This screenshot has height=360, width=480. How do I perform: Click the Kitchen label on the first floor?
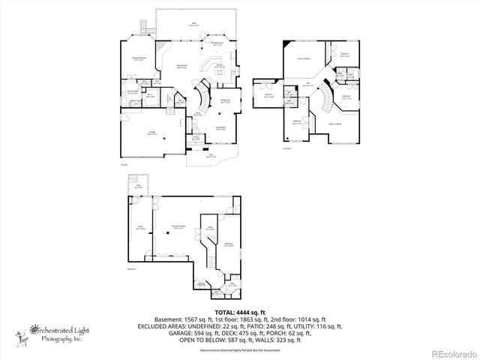click(221, 66)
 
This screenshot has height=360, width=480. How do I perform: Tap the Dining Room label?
click(225, 100)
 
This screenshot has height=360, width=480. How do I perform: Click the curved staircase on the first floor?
click(202, 97)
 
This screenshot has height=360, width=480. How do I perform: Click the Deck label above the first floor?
click(193, 24)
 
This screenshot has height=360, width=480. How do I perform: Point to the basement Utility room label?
click(211, 227)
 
